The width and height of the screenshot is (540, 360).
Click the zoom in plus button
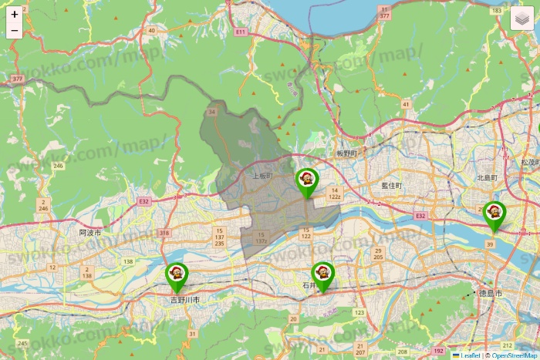(15, 14)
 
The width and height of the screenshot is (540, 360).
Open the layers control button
(525, 17)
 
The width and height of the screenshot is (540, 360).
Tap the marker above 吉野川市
(177, 276)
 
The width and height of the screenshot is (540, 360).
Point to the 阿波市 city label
(90, 232)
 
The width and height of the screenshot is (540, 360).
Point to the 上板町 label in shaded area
(262, 176)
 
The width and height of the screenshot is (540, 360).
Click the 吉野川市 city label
(185, 299)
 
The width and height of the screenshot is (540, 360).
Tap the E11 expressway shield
(241, 32)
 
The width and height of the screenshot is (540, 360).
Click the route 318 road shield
(164, 232)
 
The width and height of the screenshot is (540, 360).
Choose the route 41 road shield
(405, 103)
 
